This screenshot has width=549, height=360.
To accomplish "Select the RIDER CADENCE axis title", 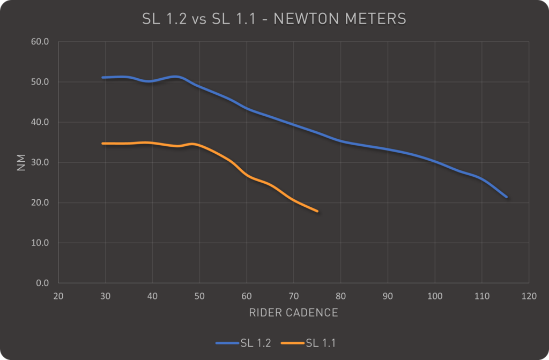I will coord(293,313).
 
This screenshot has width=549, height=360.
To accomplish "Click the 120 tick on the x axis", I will coord(529,296).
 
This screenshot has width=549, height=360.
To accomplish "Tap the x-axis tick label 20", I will coord(58,296).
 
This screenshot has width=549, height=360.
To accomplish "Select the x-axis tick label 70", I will coord(293,296).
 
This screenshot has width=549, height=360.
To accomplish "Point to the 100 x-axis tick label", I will coord(434,296).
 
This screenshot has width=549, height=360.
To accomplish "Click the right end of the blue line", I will coord(506,197).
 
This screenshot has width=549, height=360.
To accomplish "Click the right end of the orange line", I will coord(317,211).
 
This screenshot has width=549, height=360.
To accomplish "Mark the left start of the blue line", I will coord(102,78).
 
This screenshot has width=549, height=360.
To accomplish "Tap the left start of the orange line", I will coord(102,144).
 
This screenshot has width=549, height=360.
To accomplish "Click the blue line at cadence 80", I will coord(340,141).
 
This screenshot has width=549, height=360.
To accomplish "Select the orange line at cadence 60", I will coord(247,175).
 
